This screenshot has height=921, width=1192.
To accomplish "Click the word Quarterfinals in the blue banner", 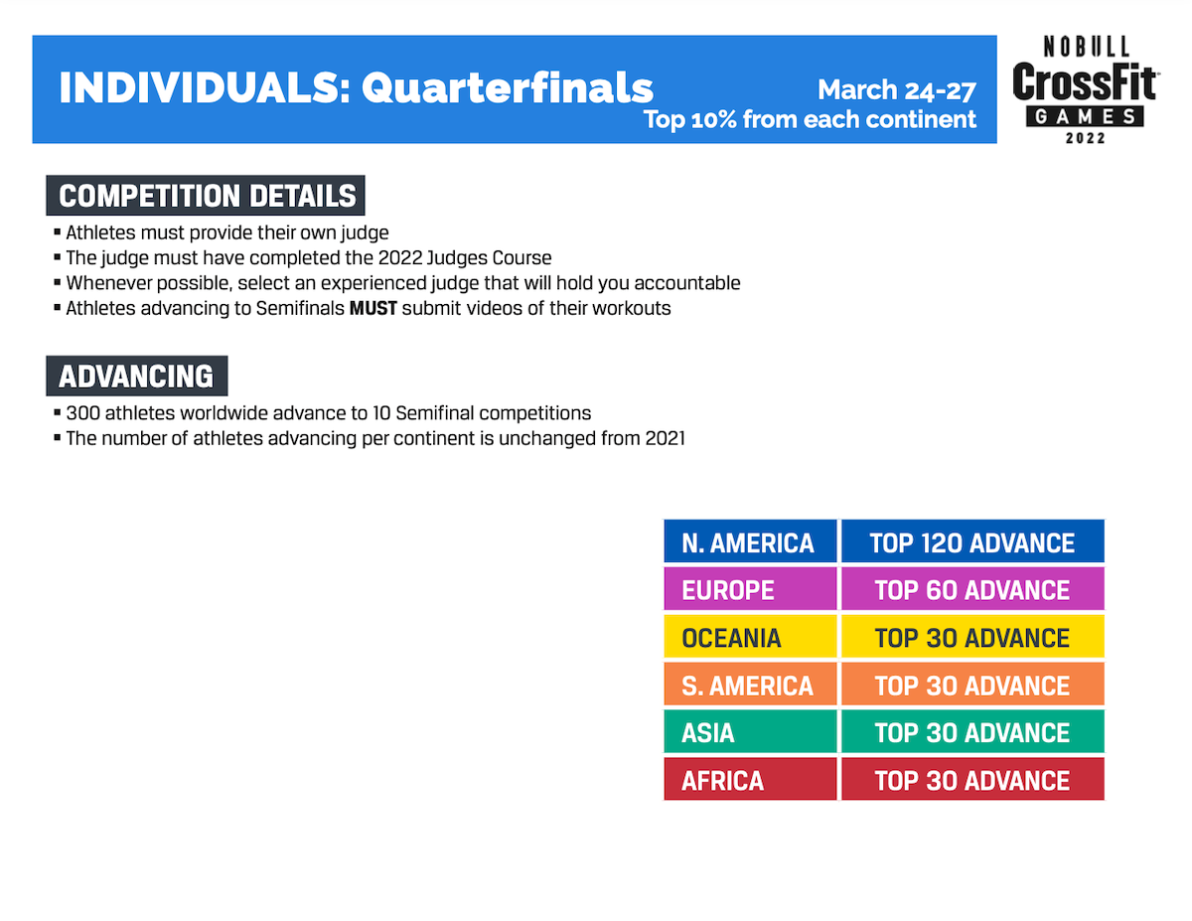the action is tap(507, 88).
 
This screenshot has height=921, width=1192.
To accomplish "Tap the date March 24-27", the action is tap(896, 90).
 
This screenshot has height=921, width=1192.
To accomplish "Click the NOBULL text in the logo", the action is tap(1086, 47).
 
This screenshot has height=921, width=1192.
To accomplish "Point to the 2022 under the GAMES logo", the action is tap(1085, 138).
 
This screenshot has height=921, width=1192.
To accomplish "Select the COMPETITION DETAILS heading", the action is tap(206, 196).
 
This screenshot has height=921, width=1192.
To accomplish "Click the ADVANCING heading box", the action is tap(137, 376).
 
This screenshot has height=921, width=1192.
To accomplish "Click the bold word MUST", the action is tap(373, 308).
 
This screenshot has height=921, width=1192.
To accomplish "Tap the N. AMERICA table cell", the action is tap(750, 540).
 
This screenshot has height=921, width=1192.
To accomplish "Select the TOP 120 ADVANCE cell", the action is tap(972, 540).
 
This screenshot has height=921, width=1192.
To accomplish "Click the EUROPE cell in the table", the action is tap(750, 588).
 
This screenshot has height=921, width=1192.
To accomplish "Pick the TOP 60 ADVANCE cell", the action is tap(972, 588).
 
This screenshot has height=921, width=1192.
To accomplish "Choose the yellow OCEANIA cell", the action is tap(750, 636).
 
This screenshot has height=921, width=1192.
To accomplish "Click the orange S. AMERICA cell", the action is tap(750, 684).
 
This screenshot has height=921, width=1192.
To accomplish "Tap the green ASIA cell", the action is tap(750, 731).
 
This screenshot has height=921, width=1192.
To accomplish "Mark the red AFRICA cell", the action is tap(750, 779).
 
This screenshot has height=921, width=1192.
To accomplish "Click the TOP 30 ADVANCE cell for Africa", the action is tap(972, 779).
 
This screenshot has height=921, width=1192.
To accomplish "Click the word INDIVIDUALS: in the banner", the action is tap(205, 88).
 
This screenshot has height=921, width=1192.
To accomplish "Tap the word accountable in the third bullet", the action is tap(686, 283).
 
